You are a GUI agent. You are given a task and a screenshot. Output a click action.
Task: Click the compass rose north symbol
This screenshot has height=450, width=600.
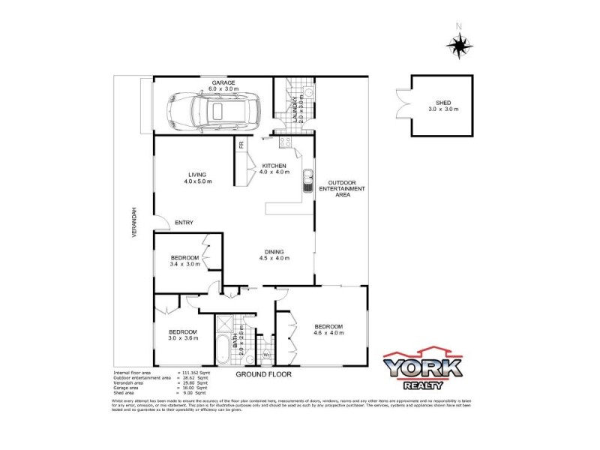coord(458,44)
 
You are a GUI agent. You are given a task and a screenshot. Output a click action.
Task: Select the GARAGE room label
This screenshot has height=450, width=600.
coord(223,82)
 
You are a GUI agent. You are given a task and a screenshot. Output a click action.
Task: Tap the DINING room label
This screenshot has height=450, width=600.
coord(273,251)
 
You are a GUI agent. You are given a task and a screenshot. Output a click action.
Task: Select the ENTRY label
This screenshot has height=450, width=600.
coord(184,223)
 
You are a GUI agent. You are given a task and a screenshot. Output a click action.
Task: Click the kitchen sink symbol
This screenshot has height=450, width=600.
coord(307,181)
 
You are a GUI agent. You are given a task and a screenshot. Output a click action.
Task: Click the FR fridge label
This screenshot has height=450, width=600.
coord(241,145)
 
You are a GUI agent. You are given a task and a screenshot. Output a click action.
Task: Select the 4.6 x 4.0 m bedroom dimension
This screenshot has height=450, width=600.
coord(328,333)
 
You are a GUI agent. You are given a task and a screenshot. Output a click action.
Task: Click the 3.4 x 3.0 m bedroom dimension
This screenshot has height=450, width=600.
coord(185,264)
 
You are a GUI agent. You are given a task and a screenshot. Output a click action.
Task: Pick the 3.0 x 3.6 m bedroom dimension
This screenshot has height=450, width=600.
coord(182,338)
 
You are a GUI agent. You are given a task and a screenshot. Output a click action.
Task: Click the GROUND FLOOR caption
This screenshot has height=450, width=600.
coord(263,373)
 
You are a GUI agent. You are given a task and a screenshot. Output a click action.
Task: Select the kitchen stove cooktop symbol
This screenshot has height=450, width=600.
coord(285,142)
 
